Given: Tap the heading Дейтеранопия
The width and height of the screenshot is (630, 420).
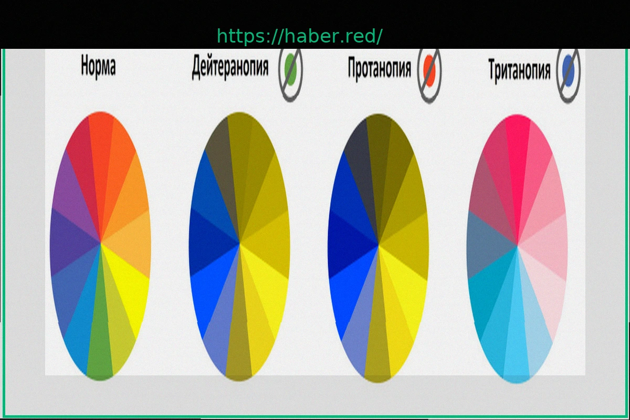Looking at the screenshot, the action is [x=230, y=67].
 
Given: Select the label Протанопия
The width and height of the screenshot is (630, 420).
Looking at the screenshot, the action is [x=380, y=68].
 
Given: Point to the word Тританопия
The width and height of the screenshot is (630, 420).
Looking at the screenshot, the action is [x=519, y=70].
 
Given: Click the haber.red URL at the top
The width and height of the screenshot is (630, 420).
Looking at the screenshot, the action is [x=299, y=36].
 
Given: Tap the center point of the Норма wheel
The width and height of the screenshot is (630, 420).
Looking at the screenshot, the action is [x=100, y=243].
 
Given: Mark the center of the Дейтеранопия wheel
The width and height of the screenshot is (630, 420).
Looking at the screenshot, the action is [x=239, y=244].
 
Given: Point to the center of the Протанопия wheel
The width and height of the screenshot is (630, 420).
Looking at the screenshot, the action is [x=379, y=245].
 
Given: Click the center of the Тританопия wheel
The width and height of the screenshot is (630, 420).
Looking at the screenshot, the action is [x=517, y=246].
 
